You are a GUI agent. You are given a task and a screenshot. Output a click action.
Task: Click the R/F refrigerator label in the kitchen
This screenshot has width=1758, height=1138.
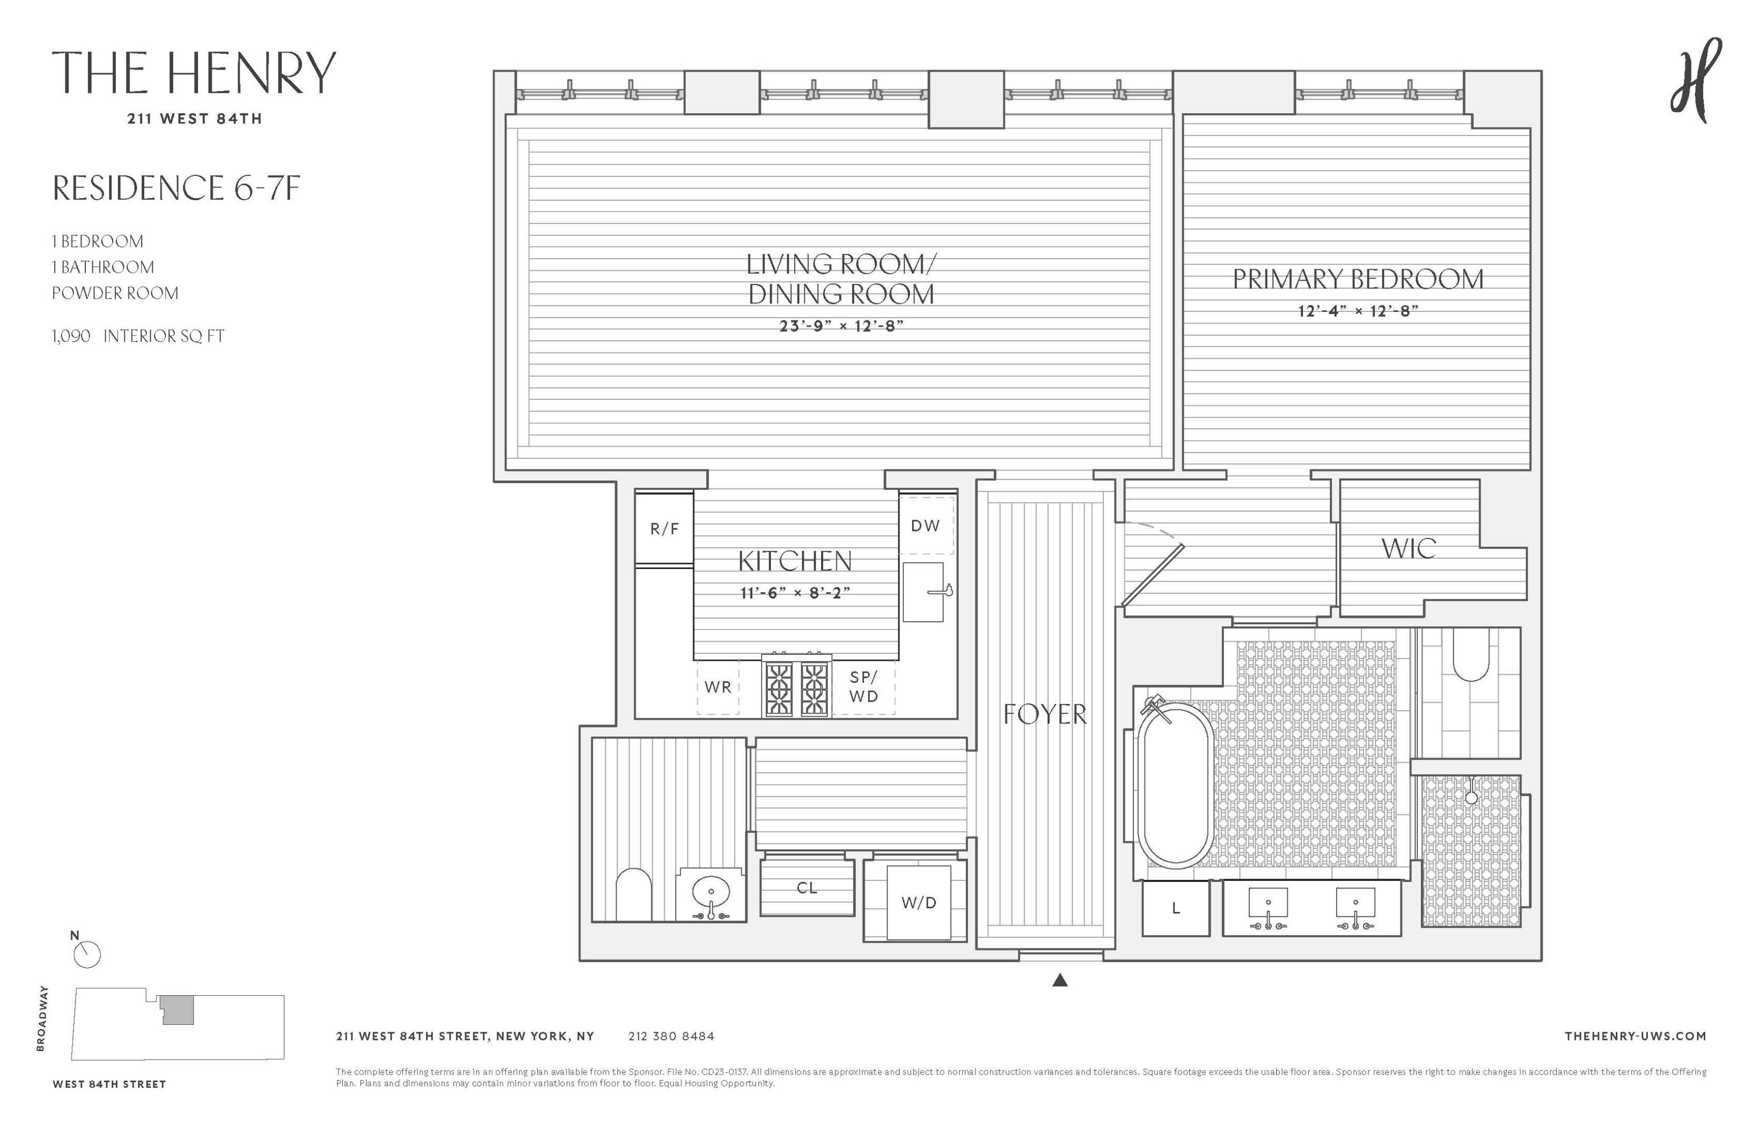pyautogui.click(x=664, y=528)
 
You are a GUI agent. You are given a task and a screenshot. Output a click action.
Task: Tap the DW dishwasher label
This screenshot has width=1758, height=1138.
pyautogui.click(x=925, y=525)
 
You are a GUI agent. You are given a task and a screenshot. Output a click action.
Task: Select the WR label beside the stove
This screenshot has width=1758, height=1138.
pyautogui.click(x=717, y=686)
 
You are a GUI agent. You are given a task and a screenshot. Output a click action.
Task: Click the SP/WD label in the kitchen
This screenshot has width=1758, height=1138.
pyautogui.click(x=864, y=686)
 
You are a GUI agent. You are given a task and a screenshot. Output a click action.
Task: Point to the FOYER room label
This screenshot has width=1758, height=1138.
pyautogui.click(x=1044, y=714)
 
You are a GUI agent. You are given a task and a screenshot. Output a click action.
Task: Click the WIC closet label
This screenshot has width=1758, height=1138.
pyautogui.click(x=1409, y=548)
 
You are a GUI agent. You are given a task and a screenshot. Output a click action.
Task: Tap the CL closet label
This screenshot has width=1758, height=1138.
pyautogui.click(x=807, y=888)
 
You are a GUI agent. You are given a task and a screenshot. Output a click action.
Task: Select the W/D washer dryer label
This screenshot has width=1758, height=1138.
pyautogui.click(x=918, y=902)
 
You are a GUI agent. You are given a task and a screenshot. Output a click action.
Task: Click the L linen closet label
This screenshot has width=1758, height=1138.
pyautogui.click(x=1176, y=908)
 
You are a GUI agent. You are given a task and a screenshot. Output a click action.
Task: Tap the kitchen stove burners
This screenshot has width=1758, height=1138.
pyautogui.click(x=796, y=687)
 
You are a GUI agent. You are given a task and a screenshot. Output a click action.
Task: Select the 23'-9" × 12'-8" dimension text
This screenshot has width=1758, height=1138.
pyautogui.click(x=841, y=326)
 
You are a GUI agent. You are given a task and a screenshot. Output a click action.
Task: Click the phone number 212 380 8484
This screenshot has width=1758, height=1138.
pyautogui.click(x=671, y=1036)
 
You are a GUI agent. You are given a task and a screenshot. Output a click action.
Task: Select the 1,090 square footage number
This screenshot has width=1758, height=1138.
pyautogui.click(x=72, y=336)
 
